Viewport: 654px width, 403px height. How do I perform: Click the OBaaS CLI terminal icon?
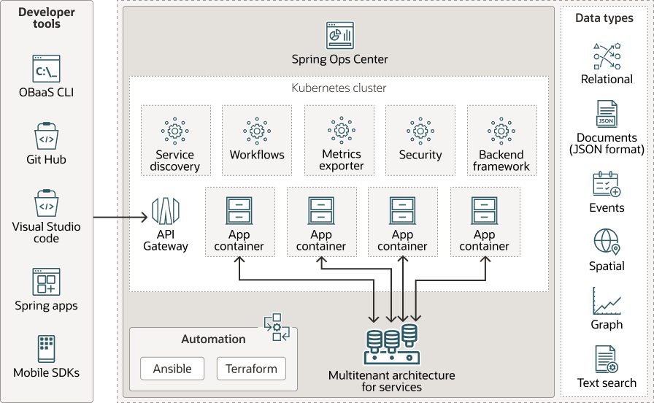pyautogui.click(x=46, y=69)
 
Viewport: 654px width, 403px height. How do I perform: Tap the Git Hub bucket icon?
pyautogui.click(x=46, y=137)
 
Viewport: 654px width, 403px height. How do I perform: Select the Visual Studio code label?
pyautogui.click(x=46, y=232)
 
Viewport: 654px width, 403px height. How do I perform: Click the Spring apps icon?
pyautogui.click(x=46, y=281)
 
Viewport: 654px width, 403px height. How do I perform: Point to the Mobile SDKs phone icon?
pyautogui.click(x=46, y=348)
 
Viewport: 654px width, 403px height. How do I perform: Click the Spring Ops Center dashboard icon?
pyautogui.click(x=339, y=35)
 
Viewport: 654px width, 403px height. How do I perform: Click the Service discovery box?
pyautogui.click(x=175, y=141)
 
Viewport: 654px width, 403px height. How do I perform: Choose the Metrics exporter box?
pyautogui.click(x=339, y=141)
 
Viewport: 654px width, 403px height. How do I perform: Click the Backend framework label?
pyautogui.click(x=501, y=161)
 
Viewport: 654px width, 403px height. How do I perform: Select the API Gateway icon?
pyautogui.click(x=165, y=211)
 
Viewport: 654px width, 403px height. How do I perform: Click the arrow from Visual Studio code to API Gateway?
pyautogui.click(x=120, y=217)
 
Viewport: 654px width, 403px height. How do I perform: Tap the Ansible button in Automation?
pyautogui.click(x=172, y=369)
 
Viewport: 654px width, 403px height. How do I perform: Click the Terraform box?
pyautogui.click(x=251, y=369)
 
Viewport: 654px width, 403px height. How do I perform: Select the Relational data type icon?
pyautogui.click(x=607, y=56)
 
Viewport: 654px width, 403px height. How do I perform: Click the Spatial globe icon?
pyautogui.click(x=606, y=242)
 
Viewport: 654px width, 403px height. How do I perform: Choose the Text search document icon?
pyautogui.click(x=606, y=359)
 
